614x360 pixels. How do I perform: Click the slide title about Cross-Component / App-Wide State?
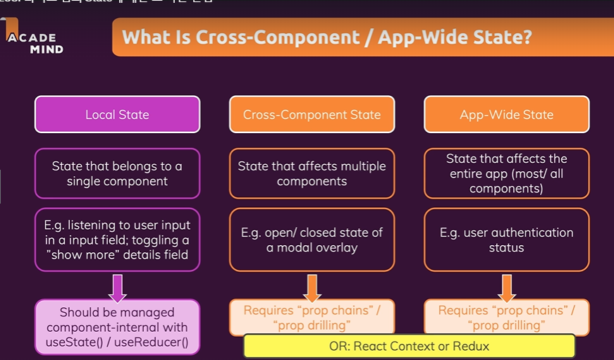point(327,37)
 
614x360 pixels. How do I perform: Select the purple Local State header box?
point(117,114)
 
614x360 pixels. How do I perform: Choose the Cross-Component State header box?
point(312,114)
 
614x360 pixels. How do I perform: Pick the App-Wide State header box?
point(506,114)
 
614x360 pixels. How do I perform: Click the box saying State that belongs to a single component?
point(117,173)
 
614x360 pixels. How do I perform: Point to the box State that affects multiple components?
point(312,173)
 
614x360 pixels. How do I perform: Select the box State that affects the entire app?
point(506,173)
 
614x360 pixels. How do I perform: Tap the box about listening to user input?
point(117,240)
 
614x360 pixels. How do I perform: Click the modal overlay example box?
point(312,240)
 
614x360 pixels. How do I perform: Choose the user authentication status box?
point(506,240)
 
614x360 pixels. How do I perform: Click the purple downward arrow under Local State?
point(117,287)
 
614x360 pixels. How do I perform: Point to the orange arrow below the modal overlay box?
point(312,287)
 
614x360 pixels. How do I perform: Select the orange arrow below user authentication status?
point(506,287)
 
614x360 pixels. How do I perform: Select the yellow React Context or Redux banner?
point(409,346)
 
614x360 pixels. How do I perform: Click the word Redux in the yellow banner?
point(471,346)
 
